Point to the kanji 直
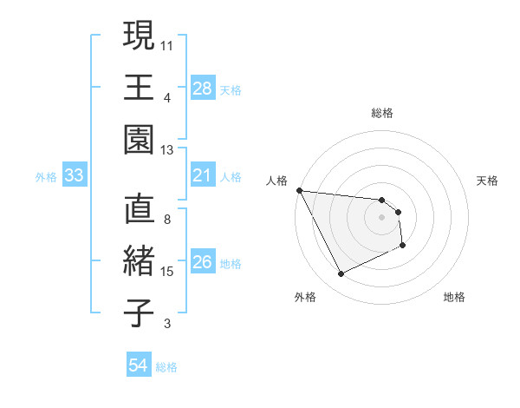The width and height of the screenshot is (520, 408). point(139,210)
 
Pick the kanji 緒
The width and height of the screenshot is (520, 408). point(139,262)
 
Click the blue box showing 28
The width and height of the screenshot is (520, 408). point(202,89)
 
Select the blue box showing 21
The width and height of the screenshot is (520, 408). point(202,176)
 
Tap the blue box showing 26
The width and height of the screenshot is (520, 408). point(202,263)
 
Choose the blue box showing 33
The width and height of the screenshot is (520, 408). point(74,176)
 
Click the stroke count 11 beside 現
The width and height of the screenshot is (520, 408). point(168,43)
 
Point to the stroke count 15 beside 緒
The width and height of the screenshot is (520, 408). point(168,272)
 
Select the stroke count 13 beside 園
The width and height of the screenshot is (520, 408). point(168,149)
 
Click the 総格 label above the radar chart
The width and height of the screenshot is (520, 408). point(382,113)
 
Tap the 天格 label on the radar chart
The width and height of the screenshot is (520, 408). point(487,181)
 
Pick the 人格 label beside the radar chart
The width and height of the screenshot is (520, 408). point(277,181)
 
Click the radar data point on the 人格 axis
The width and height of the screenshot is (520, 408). point(300,190)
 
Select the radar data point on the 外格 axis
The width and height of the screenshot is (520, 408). point(341,274)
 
